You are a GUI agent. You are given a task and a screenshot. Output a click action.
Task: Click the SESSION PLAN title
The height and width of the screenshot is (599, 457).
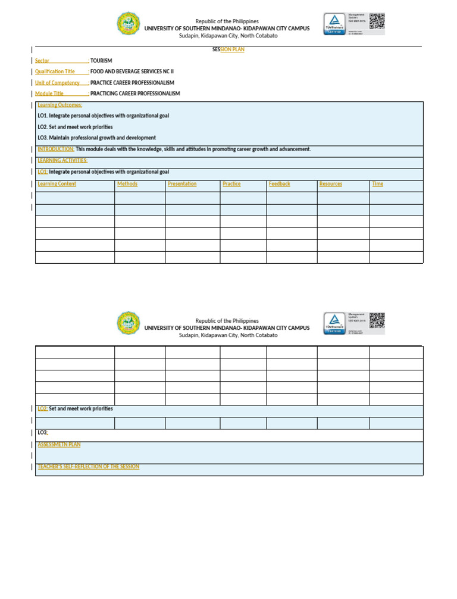tap(228, 49)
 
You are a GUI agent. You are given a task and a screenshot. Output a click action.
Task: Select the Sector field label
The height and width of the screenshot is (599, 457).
tap(42, 61)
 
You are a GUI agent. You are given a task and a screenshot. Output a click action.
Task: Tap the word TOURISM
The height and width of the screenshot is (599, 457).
tap(101, 61)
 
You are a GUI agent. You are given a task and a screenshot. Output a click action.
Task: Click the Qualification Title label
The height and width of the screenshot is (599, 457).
tap(55, 71)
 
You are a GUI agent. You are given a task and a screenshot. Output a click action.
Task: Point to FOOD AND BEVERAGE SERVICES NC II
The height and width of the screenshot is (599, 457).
tap(132, 71)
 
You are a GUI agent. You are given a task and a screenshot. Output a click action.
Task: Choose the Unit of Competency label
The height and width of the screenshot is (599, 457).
tap(57, 83)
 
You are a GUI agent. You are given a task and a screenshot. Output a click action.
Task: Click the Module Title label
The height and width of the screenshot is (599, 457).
tap(49, 93)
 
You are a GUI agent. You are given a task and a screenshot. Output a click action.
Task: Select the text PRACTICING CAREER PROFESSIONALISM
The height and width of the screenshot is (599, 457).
tap(135, 93)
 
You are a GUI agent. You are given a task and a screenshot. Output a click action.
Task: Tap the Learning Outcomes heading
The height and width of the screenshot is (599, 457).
tap(60, 105)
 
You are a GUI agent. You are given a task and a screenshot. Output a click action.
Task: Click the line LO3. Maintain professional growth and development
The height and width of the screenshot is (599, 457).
tap(96, 138)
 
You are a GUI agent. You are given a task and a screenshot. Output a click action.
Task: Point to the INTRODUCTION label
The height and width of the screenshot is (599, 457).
tap(56, 149)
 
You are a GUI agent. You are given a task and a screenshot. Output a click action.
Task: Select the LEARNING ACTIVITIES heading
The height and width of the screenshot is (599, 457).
tap(62, 160)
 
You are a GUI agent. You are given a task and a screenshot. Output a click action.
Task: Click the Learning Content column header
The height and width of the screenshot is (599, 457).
tap(57, 184)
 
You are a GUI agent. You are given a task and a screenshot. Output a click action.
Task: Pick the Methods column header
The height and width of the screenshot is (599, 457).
tap(127, 184)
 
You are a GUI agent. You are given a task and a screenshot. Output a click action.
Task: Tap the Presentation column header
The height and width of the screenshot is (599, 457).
tap(182, 184)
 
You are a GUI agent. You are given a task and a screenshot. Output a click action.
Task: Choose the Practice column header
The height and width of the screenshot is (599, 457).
tap(231, 184)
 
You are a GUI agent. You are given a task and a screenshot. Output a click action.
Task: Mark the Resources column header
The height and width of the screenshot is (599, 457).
tap(331, 184)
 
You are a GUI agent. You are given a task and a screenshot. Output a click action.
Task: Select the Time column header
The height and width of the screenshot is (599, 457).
tap(378, 184)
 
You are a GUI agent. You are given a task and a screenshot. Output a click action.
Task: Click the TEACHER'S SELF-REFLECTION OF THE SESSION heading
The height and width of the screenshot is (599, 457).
tap(89, 466)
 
